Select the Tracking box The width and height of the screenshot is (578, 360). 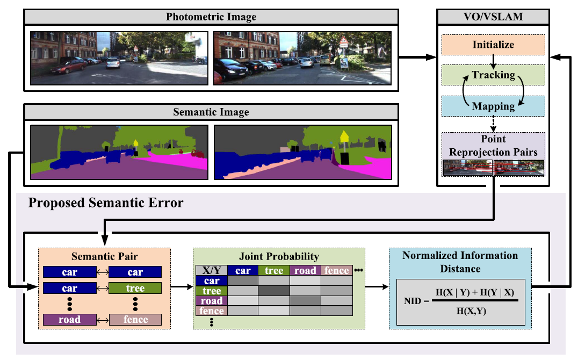coord(493,75)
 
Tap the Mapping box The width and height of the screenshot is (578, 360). coord(493,106)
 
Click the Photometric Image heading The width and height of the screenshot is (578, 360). coord(212,17)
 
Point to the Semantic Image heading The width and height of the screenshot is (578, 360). coord(212,113)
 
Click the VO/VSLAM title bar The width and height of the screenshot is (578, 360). coord(493,17)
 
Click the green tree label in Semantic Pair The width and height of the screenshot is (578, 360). coord(135,289)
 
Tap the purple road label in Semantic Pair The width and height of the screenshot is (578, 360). coord(70,320)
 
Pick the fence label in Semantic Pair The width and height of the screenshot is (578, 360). coord(135,320)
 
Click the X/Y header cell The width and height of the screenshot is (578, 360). coord(212,271)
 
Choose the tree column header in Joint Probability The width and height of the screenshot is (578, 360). coord(274,271)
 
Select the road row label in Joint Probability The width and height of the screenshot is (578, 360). coord(212,301)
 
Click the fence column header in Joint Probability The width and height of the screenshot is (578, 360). coord(336,271)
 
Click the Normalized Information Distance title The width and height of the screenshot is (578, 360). coord(460,261)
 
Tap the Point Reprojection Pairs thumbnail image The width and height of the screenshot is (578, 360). coord(493,168)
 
